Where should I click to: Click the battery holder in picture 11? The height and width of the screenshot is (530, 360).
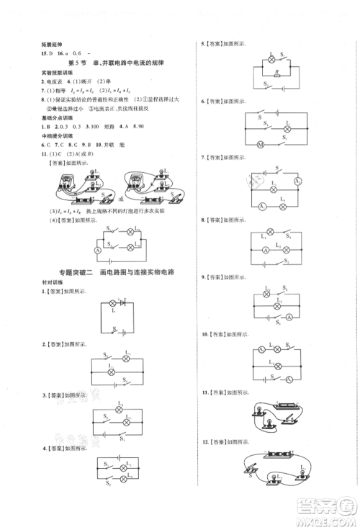pyautogui.click(x=277, y=406)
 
